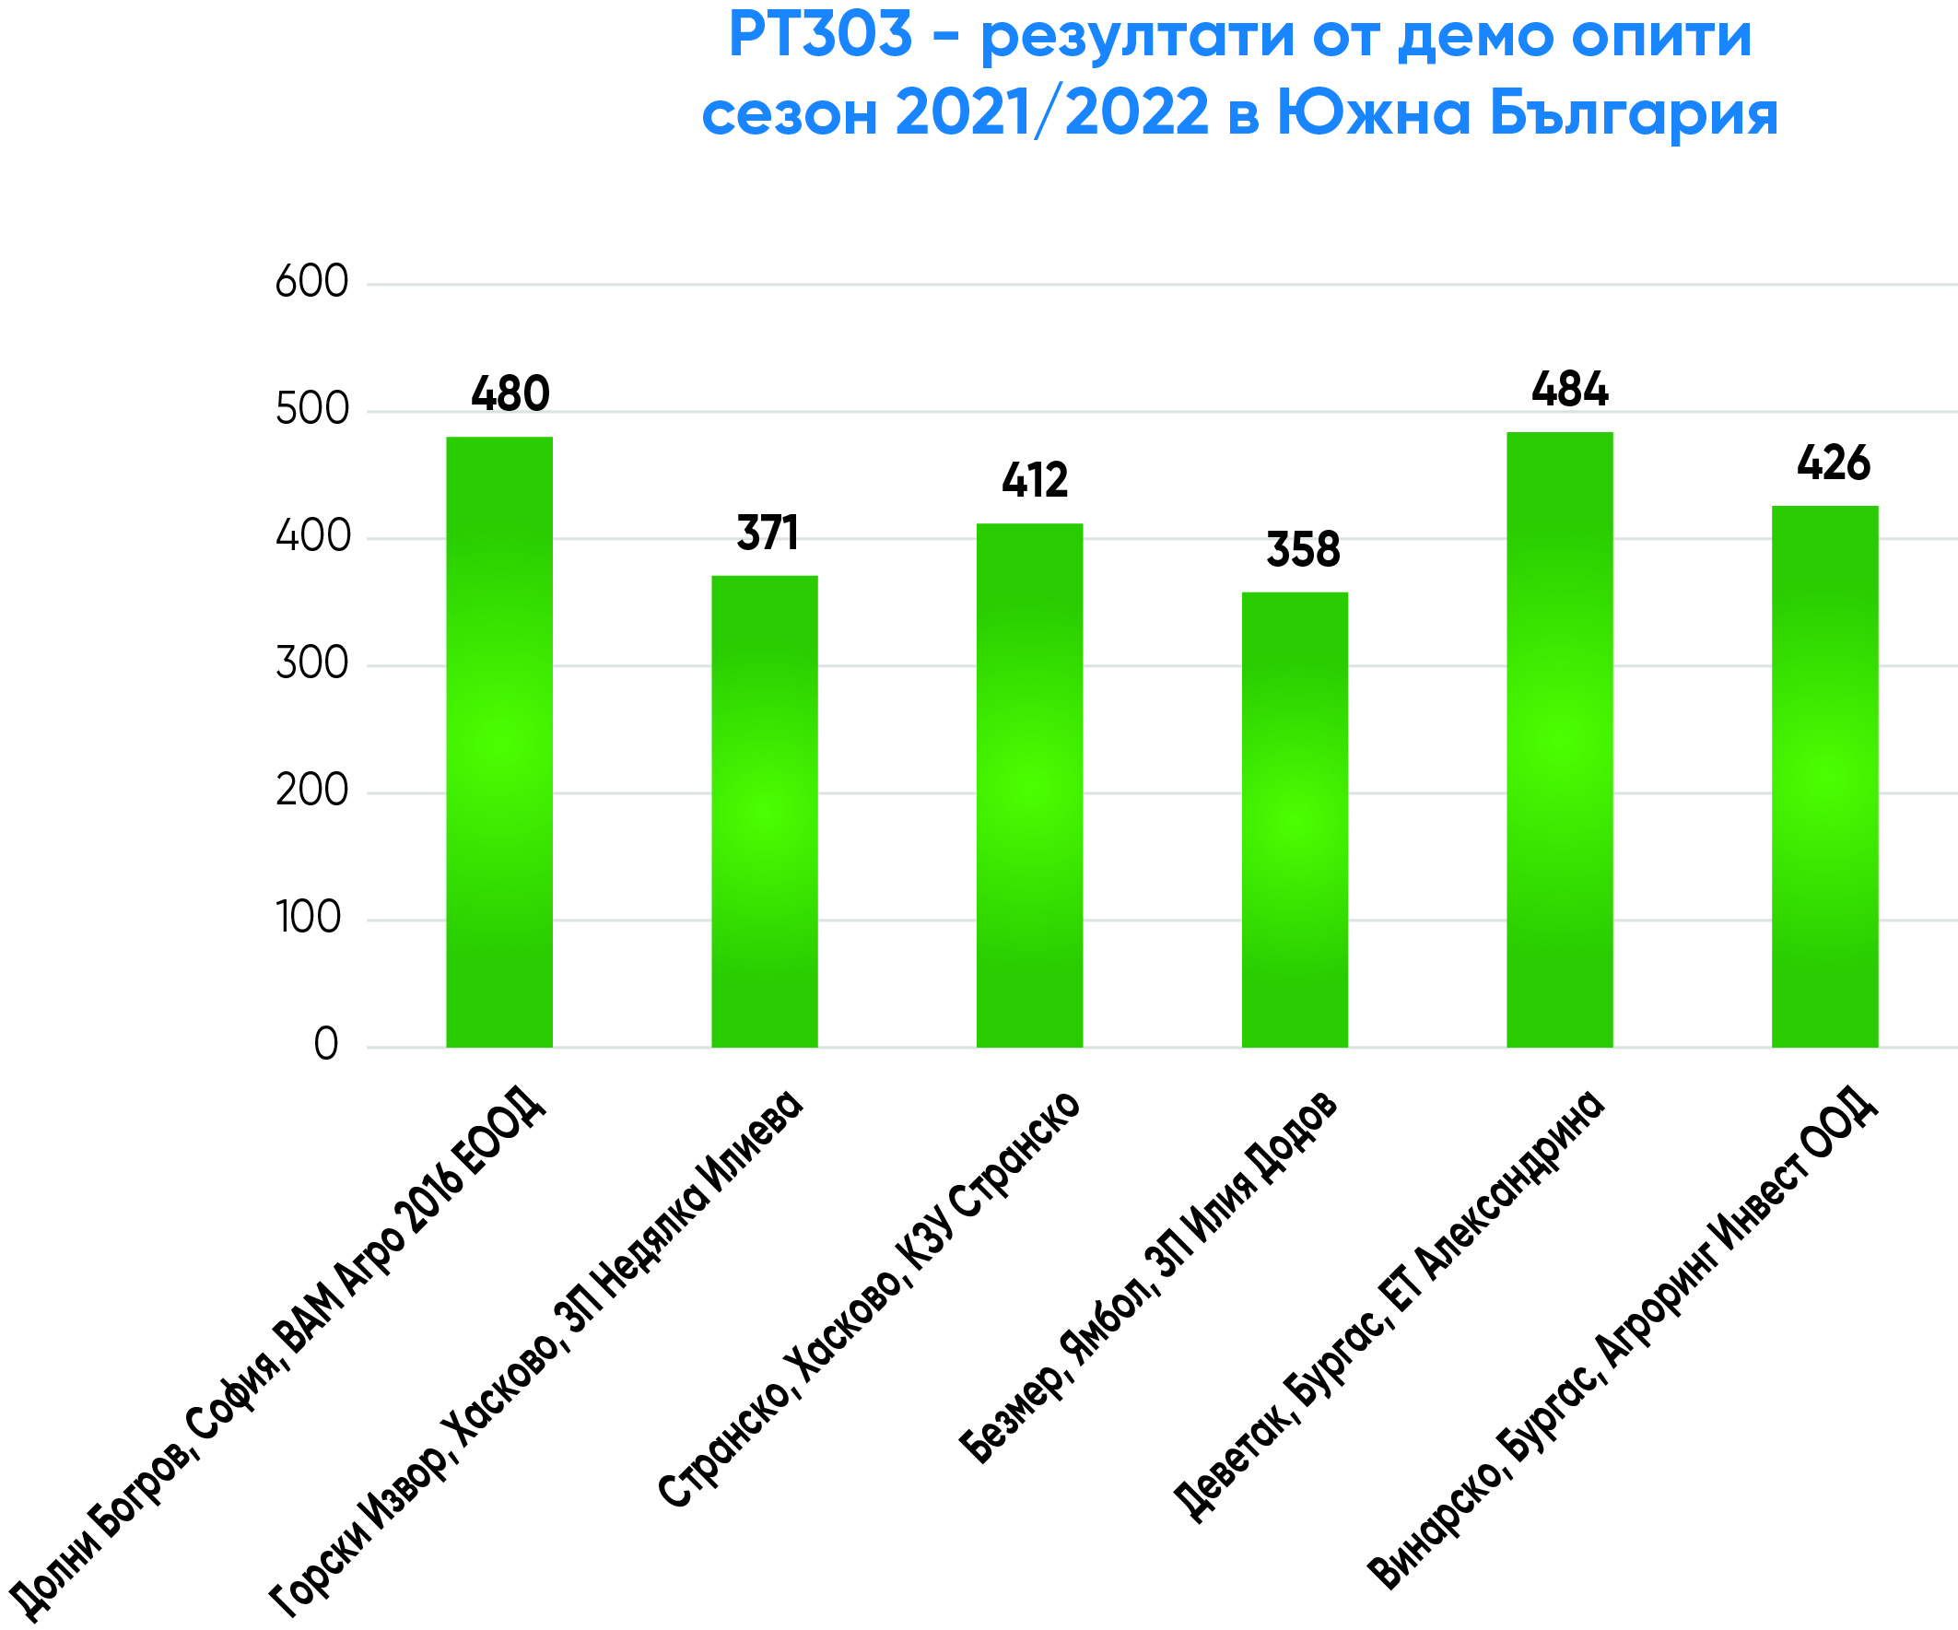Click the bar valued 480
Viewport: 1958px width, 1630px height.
tap(498, 742)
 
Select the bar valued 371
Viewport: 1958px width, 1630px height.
tap(765, 811)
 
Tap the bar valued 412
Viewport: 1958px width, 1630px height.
tap(1029, 785)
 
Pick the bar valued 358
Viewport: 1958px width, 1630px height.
tap(1295, 820)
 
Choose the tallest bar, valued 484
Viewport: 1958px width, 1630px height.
tap(1560, 740)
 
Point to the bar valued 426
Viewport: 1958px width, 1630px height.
tap(1824, 776)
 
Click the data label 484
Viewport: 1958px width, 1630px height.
tap(1570, 389)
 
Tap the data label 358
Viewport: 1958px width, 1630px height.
tap(1304, 549)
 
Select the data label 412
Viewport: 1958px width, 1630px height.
tap(1035, 480)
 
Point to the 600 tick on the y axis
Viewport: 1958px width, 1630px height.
tap(311, 282)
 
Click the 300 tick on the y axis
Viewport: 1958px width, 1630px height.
tap(311, 664)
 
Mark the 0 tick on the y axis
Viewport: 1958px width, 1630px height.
tap(325, 1044)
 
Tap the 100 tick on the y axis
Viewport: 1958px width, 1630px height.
tap(309, 918)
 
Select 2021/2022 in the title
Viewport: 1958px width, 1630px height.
tap(1051, 113)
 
